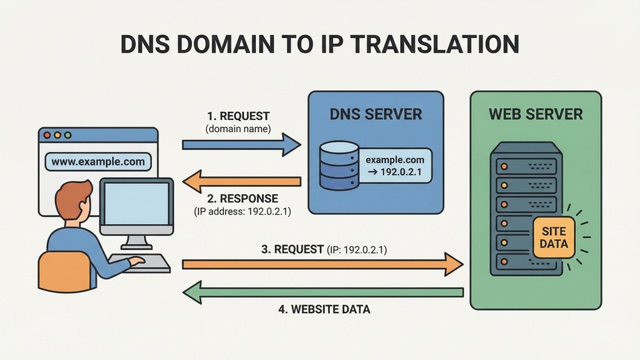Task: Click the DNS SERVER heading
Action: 376,115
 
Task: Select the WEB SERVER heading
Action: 536,114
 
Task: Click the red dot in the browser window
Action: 47,135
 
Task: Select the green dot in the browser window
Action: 68,135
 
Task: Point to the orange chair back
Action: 62,273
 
